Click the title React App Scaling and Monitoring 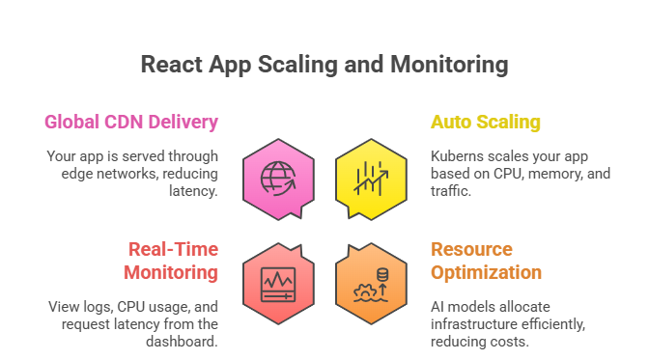point(324,66)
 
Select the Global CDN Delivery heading point(130,123)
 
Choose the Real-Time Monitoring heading point(170,261)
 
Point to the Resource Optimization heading point(486,261)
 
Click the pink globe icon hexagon point(279,178)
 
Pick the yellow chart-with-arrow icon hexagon point(370,178)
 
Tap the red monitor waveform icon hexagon point(279,281)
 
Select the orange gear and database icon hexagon point(370,281)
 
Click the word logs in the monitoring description point(101,306)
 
